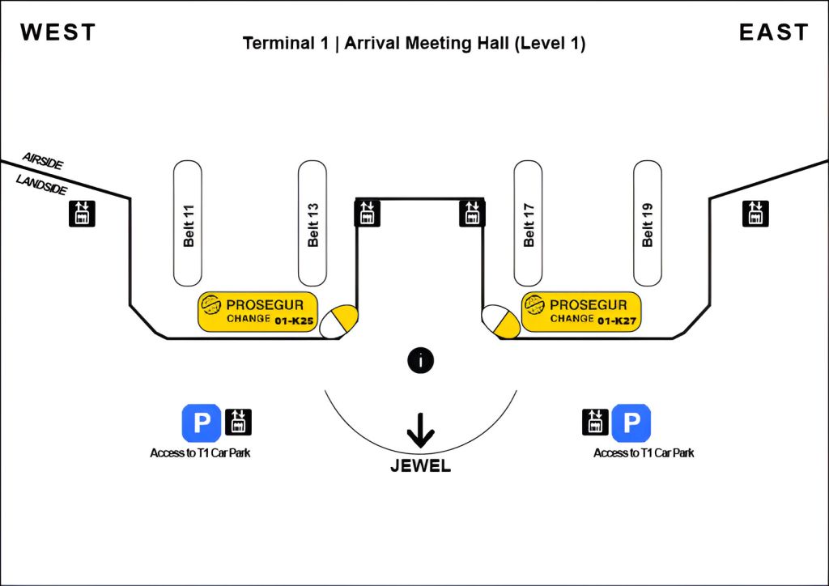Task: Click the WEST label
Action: pos(58,32)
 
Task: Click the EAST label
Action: pos(773,32)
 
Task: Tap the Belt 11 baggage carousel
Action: pos(188,223)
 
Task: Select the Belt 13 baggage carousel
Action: pos(312,223)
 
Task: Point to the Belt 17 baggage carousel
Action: pos(529,223)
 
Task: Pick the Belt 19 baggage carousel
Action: pos(647,223)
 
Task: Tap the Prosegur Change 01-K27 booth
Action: pos(581,312)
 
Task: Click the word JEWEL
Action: pos(420,466)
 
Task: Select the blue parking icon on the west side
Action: pos(201,423)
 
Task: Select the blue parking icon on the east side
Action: pos(631,423)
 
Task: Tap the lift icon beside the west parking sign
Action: pos(238,423)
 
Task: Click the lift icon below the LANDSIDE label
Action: pos(82,213)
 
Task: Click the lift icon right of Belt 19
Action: pos(755,213)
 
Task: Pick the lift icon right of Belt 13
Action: pos(367,213)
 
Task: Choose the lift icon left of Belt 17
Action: pos(472,213)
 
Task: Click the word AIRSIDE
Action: pos(43,160)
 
